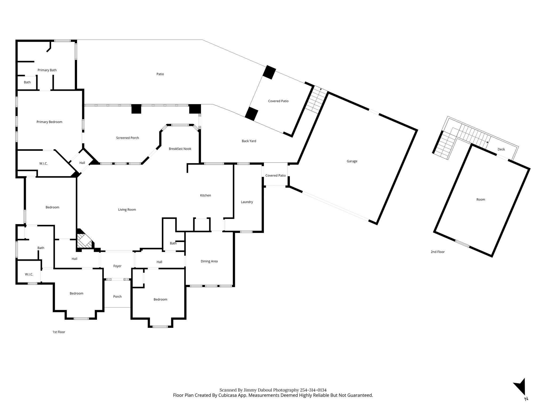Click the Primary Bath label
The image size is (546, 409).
47,70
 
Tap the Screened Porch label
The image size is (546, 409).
127,138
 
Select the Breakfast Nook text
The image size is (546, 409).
180,149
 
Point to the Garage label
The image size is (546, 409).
352,161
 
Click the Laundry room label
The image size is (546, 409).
247,202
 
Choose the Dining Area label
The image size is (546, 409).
209,261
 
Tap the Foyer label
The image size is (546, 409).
117,266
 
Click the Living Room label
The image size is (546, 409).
127,210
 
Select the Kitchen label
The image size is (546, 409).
206,195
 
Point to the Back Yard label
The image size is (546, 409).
249,141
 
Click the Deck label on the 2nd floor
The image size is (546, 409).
501,149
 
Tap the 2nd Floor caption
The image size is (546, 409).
438,252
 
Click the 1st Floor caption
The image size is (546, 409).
59,332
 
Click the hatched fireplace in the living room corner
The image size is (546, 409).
84,240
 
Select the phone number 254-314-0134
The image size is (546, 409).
313,390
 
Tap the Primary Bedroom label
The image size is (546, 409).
49,122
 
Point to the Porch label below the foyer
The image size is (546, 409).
117,297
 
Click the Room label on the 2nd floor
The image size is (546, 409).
481,200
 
